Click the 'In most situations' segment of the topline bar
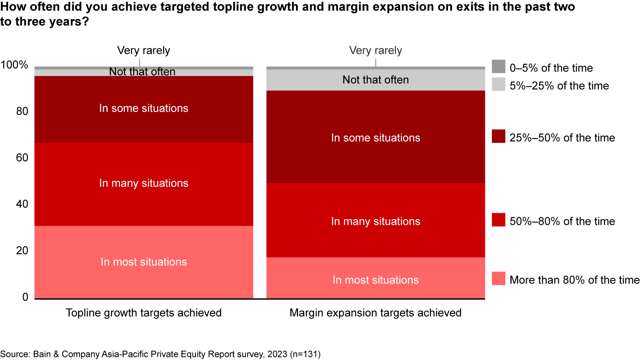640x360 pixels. point(144,262)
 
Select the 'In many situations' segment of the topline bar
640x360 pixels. point(144,184)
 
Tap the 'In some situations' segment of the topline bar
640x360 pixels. point(144,108)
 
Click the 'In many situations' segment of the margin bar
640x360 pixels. point(376,221)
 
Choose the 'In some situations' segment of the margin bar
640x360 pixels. point(376,137)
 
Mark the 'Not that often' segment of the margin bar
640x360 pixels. point(376,80)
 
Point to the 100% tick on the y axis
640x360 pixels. point(14,65)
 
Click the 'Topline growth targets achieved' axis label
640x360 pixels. point(144,312)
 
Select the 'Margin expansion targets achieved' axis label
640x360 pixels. point(376,312)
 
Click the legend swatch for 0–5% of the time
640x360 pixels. point(498,68)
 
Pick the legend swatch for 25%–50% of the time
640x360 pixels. point(498,137)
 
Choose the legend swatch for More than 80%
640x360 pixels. point(498,280)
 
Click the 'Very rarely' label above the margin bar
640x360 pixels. point(376,50)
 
